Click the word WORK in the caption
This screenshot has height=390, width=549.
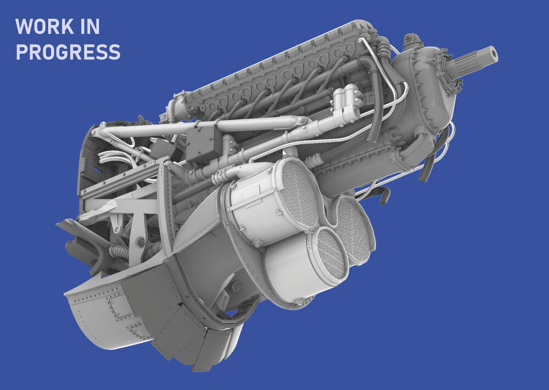point(45,26)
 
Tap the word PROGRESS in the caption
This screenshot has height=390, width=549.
point(68,52)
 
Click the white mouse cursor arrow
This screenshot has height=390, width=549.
point(284,153)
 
